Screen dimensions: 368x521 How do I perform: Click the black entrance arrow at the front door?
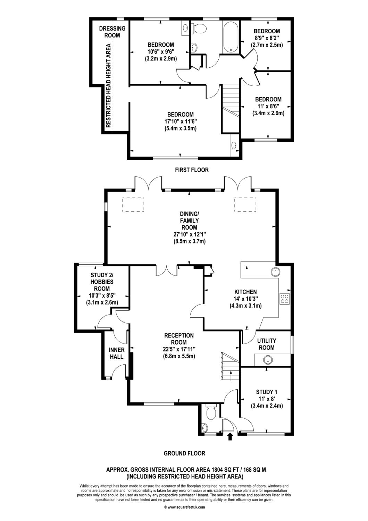pyautogui.click(x=229, y=436)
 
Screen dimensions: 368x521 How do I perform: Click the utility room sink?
pyautogui.click(x=267, y=360)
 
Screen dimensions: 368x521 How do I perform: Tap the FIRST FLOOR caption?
pyautogui.click(x=192, y=170)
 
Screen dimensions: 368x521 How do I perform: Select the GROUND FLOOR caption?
pyautogui.click(x=184, y=453)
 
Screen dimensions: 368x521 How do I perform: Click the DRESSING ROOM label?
pyautogui.click(x=112, y=32)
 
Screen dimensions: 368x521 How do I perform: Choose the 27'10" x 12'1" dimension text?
pyautogui.click(x=189, y=234)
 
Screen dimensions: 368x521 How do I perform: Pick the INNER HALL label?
pyautogui.click(x=117, y=353)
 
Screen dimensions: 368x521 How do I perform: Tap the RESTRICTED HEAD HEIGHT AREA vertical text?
pyautogui.click(x=108, y=85)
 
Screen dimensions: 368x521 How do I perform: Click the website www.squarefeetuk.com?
pyautogui.click(x=184, y=507)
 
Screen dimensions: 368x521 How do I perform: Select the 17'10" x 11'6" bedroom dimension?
pyautogui.click(x=181, y=121)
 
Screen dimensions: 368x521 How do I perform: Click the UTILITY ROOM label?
pyautogui.click(x=267, y=344)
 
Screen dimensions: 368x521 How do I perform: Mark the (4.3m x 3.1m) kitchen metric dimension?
pyautogui.click(x=245, y=306)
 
